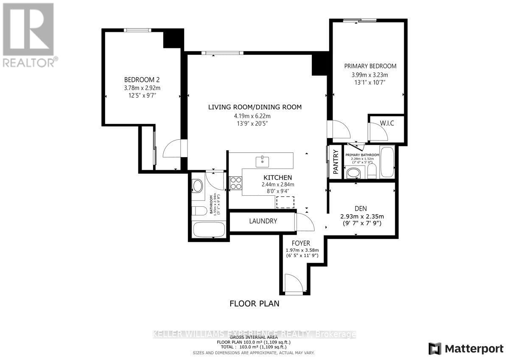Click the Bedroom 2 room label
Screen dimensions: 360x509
pyautogui.click(x=142, y=79)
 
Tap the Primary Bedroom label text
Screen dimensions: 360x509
pyautogui.click(x=370, y=66)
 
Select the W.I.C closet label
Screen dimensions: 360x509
pyautogui.click(x=386, y=123)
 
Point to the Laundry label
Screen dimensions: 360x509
pyautogui.click(x=263, y=221)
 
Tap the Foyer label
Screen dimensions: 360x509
pyautogui.click(x=301, y=243)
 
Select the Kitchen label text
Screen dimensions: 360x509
pyautogui.click(x=278, y=177)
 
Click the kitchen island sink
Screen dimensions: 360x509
pyautogui.click(x=263, y=161)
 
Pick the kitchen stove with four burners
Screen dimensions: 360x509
pyautogui.click(x=236, y=183)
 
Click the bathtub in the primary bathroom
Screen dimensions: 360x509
pyautogui.click(x=387, y=162)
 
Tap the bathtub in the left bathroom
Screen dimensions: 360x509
pyautogui.click(x=209, y=231)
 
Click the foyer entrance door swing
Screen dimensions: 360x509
pyautogui.click(x=293, y=283)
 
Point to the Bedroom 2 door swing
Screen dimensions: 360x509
pyautogui.click(x=172, y=149)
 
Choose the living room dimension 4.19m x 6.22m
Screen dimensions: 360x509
pyautogui.click(x=255, y=115)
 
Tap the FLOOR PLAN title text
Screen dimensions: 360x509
pyautogui.click(x=255, y=304)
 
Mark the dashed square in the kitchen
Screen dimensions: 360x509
pyautogui.click(x=285, y=202)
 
